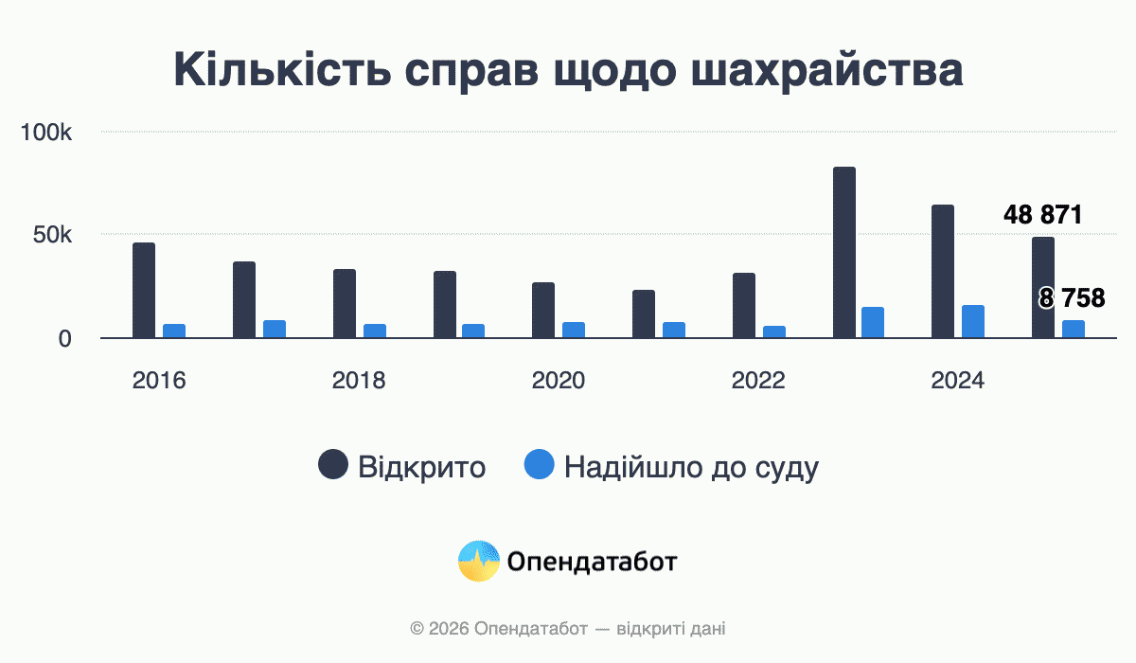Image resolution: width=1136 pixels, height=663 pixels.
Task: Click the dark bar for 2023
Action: [x=844, y=253]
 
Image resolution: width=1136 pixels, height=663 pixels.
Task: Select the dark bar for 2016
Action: [x=144, y=291]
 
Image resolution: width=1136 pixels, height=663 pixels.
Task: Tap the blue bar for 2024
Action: [x=973, y=322]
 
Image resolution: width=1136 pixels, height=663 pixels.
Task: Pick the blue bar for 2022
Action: [x=774, y=332]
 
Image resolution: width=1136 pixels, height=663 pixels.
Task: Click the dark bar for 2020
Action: [x=543, y=311]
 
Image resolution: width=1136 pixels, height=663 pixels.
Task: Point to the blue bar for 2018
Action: [x=375, y=331]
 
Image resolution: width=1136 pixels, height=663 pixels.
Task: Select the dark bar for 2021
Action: [x=644, y=314]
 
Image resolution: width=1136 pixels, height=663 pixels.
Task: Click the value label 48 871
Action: [x=1042, y=215]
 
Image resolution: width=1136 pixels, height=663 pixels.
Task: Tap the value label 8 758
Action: [x=1072, y=299]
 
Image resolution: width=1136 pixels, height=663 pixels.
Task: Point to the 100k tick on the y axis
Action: [x=46, y=132]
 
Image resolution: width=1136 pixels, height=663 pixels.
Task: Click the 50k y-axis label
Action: [x=52, y=235]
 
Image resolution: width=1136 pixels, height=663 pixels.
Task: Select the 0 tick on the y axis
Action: [x=65, y=338]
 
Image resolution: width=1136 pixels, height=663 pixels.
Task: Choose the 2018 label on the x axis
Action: [x=359, y=381]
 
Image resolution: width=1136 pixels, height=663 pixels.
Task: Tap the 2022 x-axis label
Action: [x=758, y=381]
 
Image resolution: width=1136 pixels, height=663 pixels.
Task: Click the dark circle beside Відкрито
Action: [x=332, y=466]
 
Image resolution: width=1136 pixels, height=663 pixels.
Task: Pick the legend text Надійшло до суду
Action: [x=691, y=467]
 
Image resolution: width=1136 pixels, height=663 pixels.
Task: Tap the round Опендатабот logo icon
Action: [x=478, y=562]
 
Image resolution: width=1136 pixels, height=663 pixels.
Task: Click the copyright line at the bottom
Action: [x=568, y=628]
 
